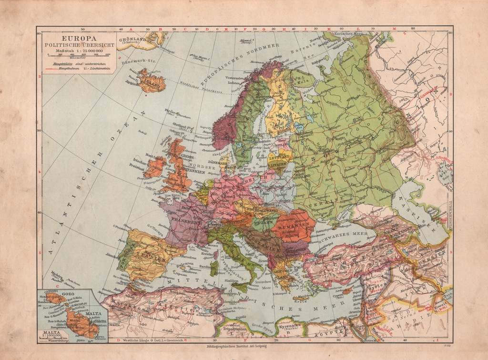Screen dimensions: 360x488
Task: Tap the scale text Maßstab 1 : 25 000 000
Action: pyautogui.click(x=79, y=50)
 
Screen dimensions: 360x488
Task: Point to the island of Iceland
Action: pyautogui.click(x=151, y=82)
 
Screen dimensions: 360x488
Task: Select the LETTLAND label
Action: pyautogui.click(x=280, y=156)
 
